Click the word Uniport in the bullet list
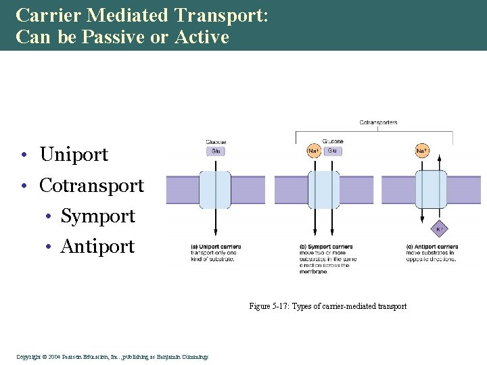click(x=74, y=155)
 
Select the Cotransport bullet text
click(x=91, y=185)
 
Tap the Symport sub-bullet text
click(x=97, y=216)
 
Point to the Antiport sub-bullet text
click(x=97, y=247)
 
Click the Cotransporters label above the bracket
click(x=378, y=122)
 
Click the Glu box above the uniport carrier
click(x=216, y=151)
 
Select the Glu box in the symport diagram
click(x=332, y=151)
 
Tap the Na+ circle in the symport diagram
click(x=314, y=151)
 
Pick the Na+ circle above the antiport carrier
click(x=422, y=151)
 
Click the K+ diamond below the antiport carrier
click(x=438, y=230)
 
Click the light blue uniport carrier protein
click(x=215, y=190)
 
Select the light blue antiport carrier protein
click(x=431, y=190)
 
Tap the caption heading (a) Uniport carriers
click(x=216, y=247)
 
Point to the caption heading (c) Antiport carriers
click(x=432, y=247)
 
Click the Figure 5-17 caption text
click(x=328, y=306)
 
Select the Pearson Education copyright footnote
click(x=112, y=357)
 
